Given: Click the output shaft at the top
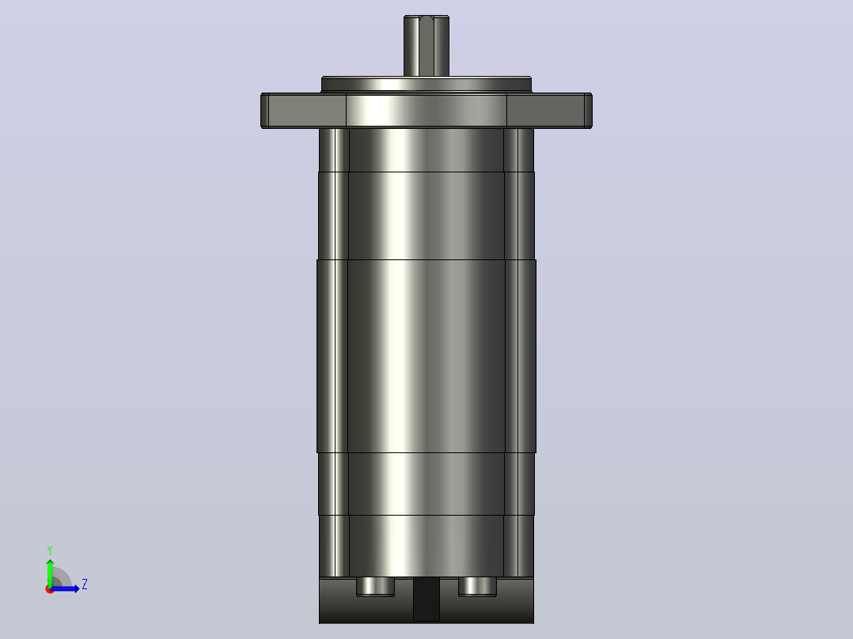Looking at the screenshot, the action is pyautogui.click(x=426, y=46).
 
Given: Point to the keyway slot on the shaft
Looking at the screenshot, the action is pyautogui.click(x=426, y=46).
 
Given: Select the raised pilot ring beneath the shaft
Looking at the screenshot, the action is pyautogui.click(x=426, y=85).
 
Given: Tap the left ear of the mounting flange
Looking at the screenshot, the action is pyautogui.click(x=304, y=111).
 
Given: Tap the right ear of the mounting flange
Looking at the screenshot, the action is pyautogui.click(x=549, y=111).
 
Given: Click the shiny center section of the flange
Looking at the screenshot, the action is pyautogui.click(x=426, y=111).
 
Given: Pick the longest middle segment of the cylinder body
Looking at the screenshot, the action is pyautogui.click(x=426, y=356).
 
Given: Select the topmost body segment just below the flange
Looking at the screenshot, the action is pyautogui.click(x=426, y=150).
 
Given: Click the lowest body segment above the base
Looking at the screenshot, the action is pyautogui.click(x=426, y=546).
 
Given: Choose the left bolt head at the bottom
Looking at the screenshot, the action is pyautogui.click(x=375, y=587).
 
